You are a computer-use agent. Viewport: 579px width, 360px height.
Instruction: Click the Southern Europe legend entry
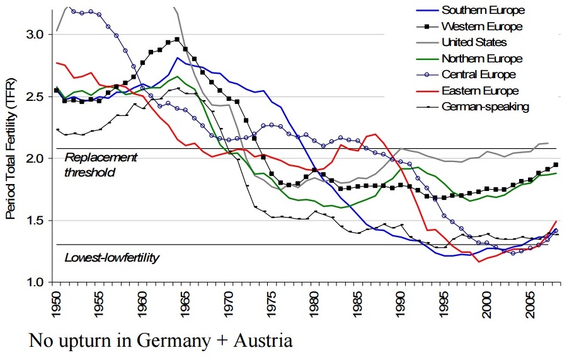click(x=483, y=10)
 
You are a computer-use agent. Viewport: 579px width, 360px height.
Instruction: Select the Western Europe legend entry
click(x=482, y=26)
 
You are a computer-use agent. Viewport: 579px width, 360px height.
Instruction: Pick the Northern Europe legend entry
click(x=482, y=59)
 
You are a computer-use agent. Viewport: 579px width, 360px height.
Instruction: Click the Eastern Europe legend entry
click(x=480, y=91)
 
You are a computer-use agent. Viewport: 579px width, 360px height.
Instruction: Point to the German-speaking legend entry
click(x=485, y=107)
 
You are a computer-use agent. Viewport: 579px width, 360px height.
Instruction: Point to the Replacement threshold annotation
click(x=101, y=164)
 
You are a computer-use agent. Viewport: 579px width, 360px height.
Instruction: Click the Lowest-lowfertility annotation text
click(x=112, y=257)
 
